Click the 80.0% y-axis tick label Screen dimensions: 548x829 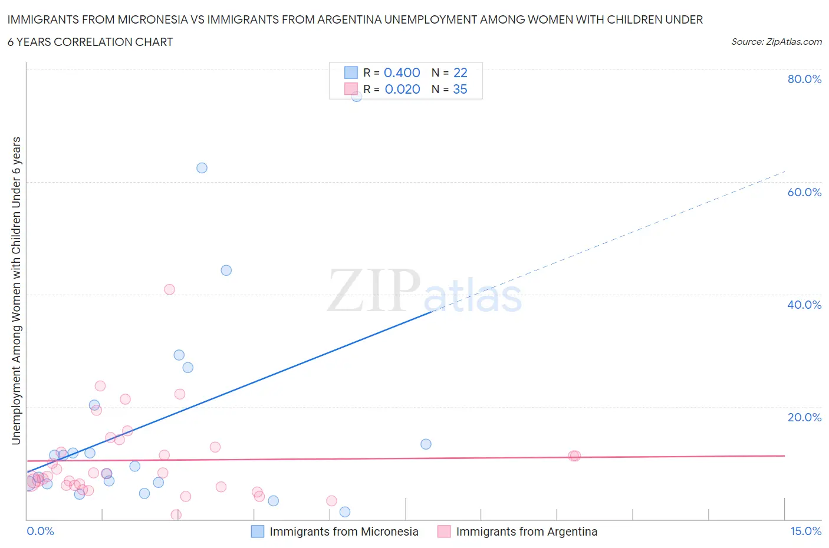point(804,79)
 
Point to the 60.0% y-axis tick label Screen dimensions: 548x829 point(804,192)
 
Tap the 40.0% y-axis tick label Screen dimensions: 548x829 point(804,305)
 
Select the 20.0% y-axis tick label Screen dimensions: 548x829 point(804,417)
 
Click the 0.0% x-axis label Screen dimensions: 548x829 point(40,531)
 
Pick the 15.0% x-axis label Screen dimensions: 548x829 point(805,531)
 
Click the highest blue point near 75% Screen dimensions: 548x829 point(357,96)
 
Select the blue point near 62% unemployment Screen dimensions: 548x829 point(202,168)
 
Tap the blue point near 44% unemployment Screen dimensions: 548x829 point(226,270)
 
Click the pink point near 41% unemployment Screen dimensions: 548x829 point(169,289)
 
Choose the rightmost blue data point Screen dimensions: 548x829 point(426,444)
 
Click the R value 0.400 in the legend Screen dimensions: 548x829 point(402,72)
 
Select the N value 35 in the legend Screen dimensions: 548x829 point(460,89)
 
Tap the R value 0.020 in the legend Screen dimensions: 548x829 point(402,89)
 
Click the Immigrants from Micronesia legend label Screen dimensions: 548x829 point(344,532)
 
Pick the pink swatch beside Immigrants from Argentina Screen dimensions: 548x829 point(444,532)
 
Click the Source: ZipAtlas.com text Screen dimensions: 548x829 point(776,42)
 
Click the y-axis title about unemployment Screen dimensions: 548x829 point(16,290)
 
